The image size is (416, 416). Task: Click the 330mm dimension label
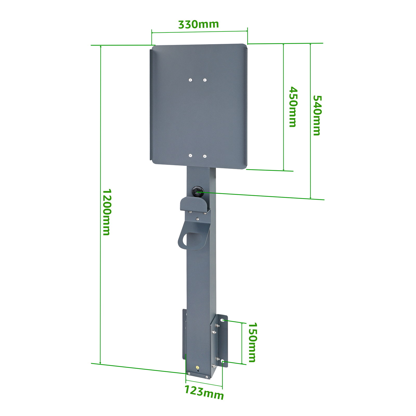click(198, 24)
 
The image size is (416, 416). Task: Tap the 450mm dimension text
click(293, 107)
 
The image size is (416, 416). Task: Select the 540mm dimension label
click(316, 115)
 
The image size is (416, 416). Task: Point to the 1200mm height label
click(106, 212)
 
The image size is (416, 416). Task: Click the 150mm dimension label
click(252, 342)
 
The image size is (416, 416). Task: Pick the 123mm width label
click(204, 392)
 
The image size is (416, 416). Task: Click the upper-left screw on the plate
click(190, 80)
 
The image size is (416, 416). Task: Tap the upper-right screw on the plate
click(205, 80)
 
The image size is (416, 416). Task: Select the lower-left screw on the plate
click(190, 156)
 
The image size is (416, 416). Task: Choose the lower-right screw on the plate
click(205, 156)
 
